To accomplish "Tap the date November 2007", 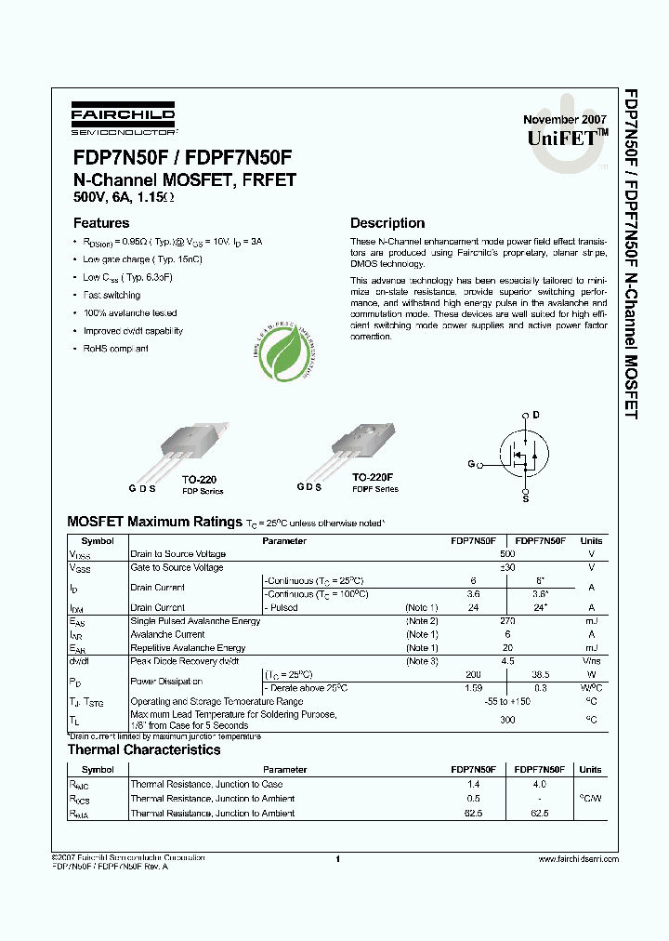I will pos(564,120).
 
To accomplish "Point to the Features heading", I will pos(101,223).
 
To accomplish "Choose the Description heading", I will pos(387,223).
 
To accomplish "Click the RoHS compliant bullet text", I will pos(115,349).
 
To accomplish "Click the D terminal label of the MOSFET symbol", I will pos(535,415).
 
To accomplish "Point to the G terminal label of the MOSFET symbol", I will pos(471,463).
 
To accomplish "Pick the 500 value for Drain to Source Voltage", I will pos(506,554).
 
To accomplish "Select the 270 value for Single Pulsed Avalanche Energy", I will pos(506,620).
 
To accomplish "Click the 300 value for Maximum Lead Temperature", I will pos(506,720).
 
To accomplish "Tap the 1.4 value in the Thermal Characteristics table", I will pos(474,785).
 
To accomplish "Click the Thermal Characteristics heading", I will pos(144,749).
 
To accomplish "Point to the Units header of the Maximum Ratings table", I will pos(591,540).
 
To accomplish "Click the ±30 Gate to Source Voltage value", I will pos(506,567).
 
